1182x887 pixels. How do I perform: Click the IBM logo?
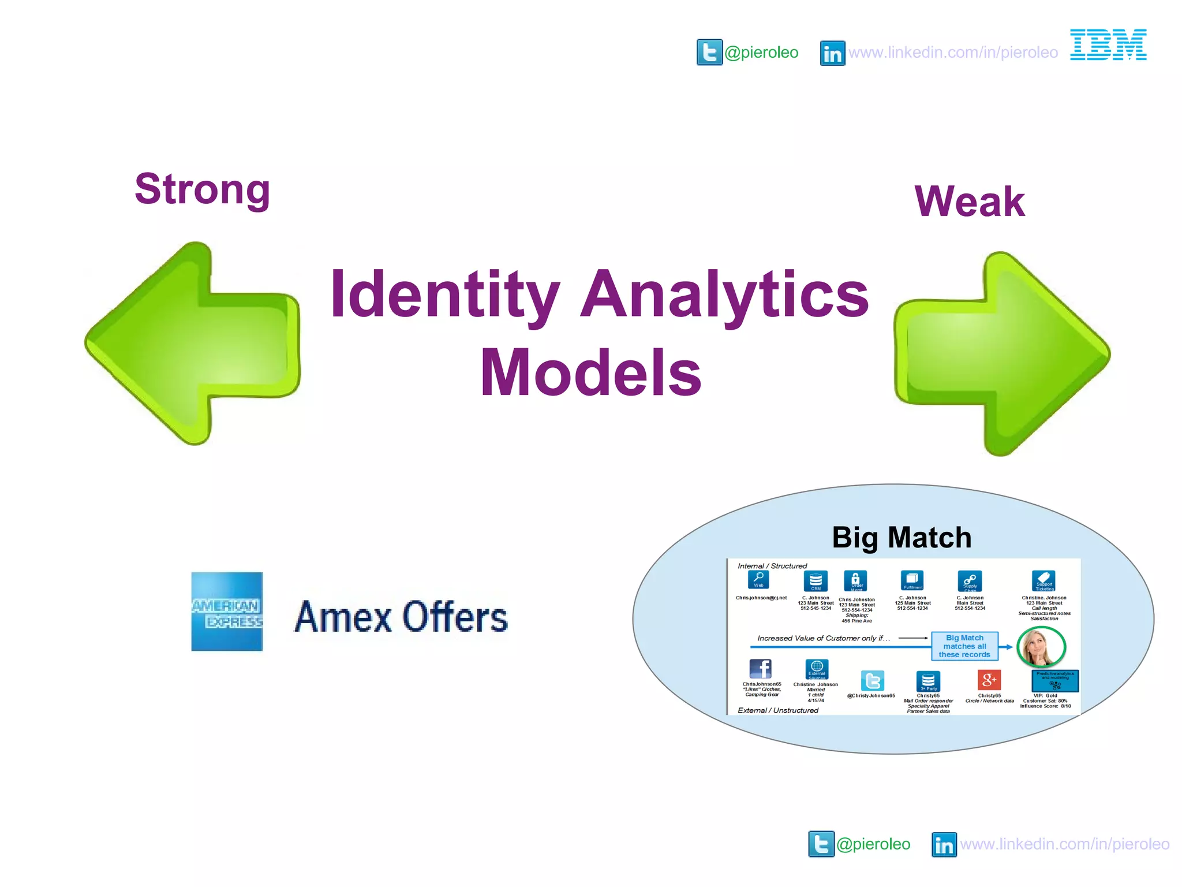pyautogui.click(x=1108, y=45)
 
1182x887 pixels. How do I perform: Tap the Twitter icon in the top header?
pyautogui.click(x=709, y=53)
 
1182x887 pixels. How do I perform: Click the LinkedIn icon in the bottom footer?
pyautogui.click(x=944, y=844)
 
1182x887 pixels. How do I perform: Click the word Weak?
pyautogui.click(x=970, y=202)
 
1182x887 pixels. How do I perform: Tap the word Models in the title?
pyautogui.click(x=590, y=373)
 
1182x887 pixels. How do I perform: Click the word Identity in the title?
pyautogui.click(x=444, y=295)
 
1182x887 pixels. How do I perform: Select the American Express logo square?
pyautogui.click(x=227, y=612)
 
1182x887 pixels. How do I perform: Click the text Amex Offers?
pyautogui.click(x=401, y=617)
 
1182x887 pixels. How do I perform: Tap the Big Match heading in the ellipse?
pyautogui.click(x=902, y=537)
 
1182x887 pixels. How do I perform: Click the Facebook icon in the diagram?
pyautogui.click(x=760, y=669)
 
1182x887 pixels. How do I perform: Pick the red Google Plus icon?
pyautogui.click(x=989, y=680)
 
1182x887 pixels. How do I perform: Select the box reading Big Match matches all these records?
pyautogui.click(x=964, y=646)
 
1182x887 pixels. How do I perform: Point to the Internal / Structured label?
pyautogui.click(x=772, y=566)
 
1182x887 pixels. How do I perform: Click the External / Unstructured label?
pyautogui.click(x=777, y=710)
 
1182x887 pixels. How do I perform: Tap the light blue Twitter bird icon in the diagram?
pyautogui.click(x=872, y=681)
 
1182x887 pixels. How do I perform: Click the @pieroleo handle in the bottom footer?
pyautogui.click(x=873, y=844)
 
